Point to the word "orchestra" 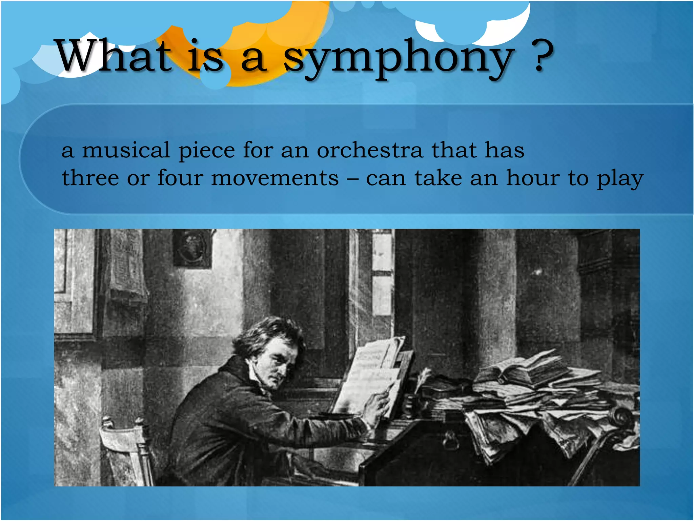pos(370,150)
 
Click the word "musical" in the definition pos(126,150)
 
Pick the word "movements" pos(274,178)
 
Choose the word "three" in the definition pos(90,178)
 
